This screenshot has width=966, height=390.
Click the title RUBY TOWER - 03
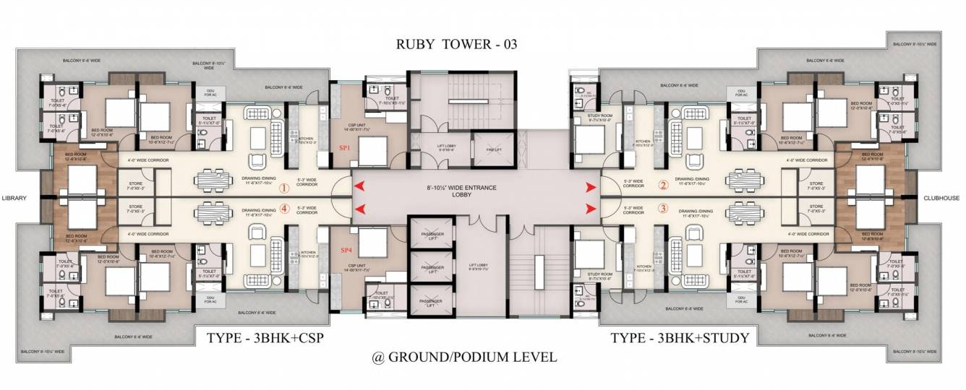click(x=456, y=44)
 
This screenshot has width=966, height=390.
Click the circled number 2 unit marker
click(x=663, y=184)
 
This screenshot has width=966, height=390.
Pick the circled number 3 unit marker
click(x=663, y=209)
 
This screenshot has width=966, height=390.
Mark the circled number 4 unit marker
click(x=284, y=209)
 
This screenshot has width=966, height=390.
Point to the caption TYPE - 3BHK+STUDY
click(x=679, y=337)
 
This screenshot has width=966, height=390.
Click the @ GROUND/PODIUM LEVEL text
click(x=464, y=357)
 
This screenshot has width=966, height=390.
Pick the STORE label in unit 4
click(x=135, y=209)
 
